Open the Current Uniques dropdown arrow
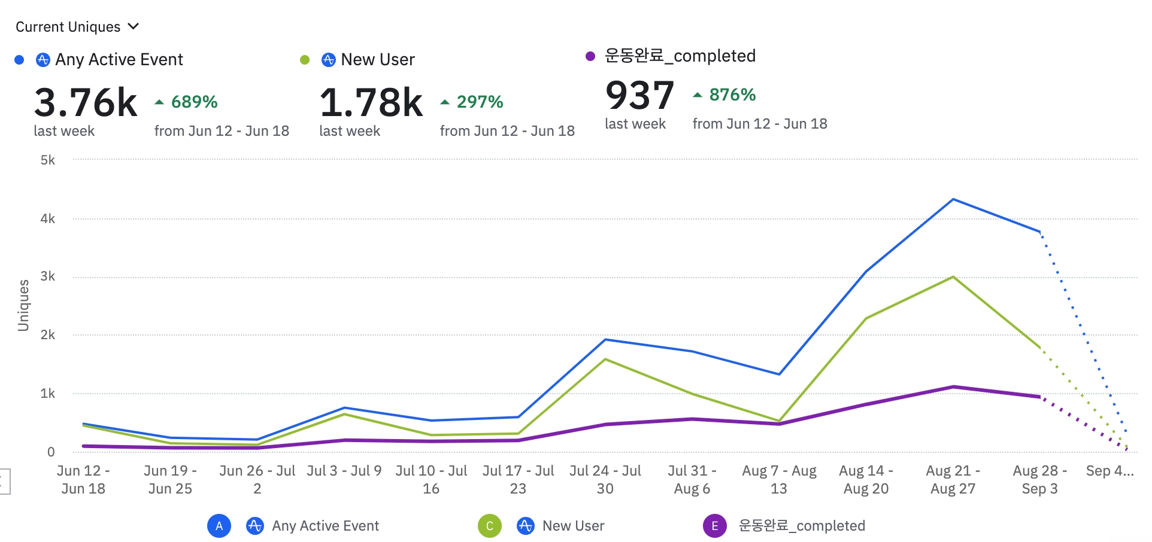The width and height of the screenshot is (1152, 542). pos(134,26)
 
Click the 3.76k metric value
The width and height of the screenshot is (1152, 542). pos(86,102)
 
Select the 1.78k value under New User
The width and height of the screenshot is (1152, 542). pos(371,102)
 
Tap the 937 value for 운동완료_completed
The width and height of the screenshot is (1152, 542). pos(639,95)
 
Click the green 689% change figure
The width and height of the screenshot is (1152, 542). pos(194,102)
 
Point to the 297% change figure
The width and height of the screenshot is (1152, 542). pos(480,102)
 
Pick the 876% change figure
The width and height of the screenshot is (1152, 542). pos(732,95)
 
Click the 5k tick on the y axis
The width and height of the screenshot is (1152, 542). pos(48,160)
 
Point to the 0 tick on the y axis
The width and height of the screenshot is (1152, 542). pos(51,452)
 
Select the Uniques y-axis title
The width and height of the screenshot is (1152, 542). pos(23,305)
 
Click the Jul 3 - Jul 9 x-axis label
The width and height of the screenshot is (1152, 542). pos(344,471)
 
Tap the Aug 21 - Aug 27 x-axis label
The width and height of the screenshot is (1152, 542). pos(953,480)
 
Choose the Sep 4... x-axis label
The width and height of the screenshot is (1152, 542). pos(1109,471)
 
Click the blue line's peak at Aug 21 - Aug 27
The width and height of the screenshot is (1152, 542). pos(953,199)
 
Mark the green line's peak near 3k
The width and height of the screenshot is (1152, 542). pos(953,277)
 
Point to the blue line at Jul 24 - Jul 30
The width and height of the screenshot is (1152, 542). pos(605,340)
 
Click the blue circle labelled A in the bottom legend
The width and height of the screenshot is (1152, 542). pos(219,526)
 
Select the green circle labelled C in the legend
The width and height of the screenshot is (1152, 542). pos(490,526)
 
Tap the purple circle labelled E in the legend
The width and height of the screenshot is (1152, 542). pos(714,526)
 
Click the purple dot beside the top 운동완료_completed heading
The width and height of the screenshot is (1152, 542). pos(590,56)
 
